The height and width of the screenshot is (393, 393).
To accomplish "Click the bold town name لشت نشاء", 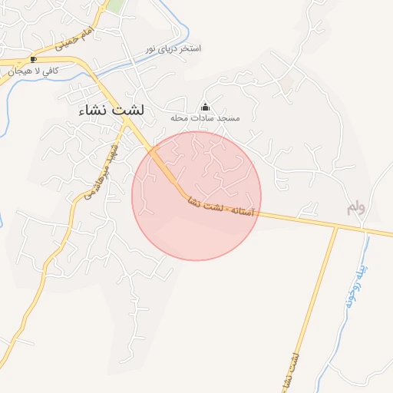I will pyautogui.click(x=111, y=111).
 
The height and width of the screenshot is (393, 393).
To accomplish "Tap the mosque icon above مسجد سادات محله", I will pyautogui.click(x=205, y=107).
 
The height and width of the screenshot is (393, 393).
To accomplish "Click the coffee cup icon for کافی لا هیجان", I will pyautogui.click(x=32, y=59).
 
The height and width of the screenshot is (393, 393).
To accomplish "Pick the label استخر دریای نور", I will pyautogui.click(x=173, y=48).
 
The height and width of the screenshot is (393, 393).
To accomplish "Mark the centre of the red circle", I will pyautogui.click(x=196, y=196).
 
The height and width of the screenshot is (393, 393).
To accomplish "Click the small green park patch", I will pyautogui.click(x=115, y=6).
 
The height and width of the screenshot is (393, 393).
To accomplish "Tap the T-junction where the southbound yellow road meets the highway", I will pyautogui.click(x=336, y=227).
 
